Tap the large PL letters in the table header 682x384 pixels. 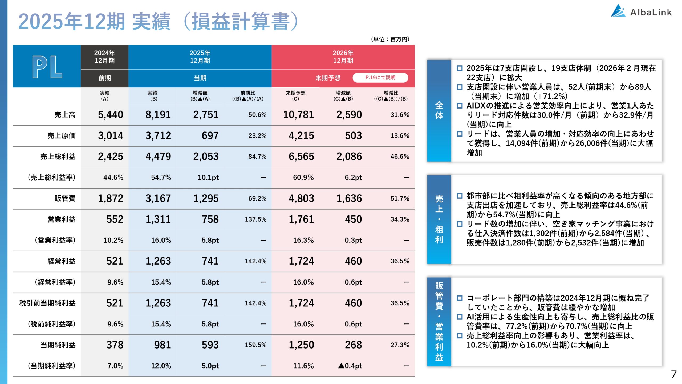coord(47,67)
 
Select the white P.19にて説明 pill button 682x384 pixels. coord(380,78)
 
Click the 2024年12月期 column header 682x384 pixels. coord(104,57)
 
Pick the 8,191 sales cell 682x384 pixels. coord(158,115)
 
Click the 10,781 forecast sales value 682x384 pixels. coord(298,115)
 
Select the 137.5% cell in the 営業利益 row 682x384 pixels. coord(255,219)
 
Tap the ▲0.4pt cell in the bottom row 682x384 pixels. coord(350,366)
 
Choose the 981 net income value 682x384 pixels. coord(162,345)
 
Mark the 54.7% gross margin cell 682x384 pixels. coord(161,177)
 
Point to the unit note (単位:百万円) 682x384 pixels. coord(390,39)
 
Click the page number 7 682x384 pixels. coord(674,374)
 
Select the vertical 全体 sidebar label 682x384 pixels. coord(439,110)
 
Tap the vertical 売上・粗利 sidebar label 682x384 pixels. coord(439,219)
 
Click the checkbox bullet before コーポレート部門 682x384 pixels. coord(460,298)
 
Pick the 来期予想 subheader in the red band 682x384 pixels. coord(328,78)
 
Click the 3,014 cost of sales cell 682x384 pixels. coord(110,136)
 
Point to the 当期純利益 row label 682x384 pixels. coord(58,345)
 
